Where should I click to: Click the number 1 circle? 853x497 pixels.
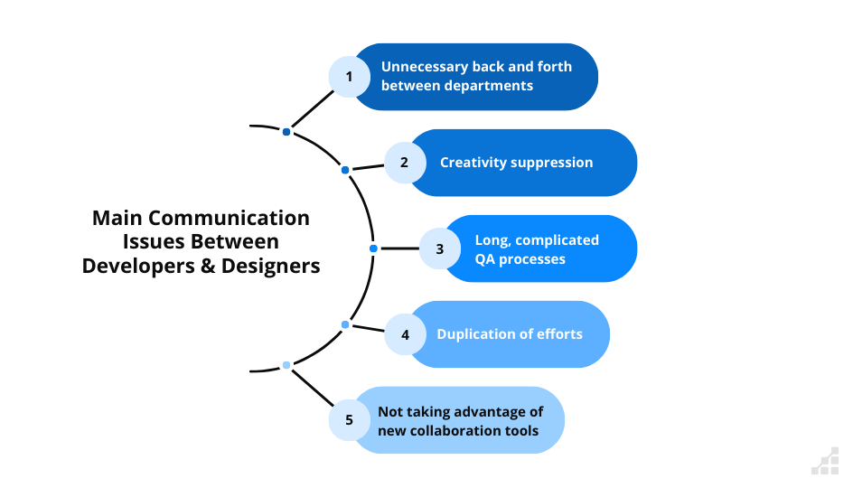[x=349, y=77]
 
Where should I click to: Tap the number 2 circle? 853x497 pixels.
[x=404, y=163]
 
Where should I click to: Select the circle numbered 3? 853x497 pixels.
[x=440, y=248]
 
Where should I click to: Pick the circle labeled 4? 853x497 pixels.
[x=405, y=334]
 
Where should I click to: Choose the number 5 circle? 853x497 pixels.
[x=349, y=420]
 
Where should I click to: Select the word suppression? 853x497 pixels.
[x=551, y=163]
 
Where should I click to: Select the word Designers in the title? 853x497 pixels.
[x=272, y=267]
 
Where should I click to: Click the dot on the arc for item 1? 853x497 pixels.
[x=286, y=132]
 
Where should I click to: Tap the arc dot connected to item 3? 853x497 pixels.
[x=373, y=248]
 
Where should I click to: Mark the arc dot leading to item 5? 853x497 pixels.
[x=286, y=365]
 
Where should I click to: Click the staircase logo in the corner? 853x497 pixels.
[x=824, y=461]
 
